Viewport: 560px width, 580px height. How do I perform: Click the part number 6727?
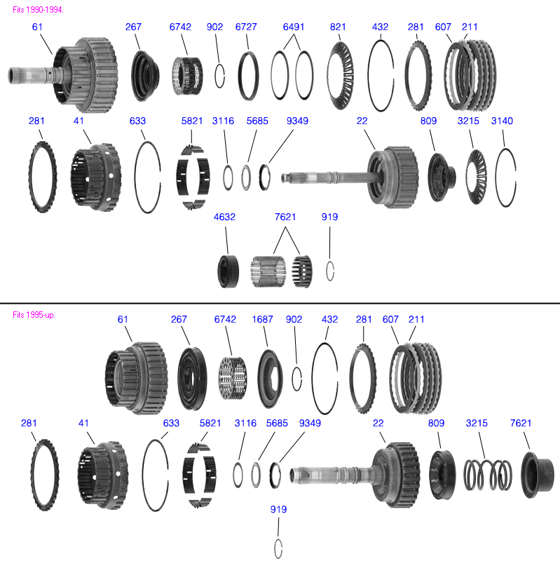pos(246,27)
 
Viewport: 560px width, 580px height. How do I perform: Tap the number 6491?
pos(294,27)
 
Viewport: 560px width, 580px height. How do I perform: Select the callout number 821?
pos(338,27)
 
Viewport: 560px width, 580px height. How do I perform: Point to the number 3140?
pos(502,121)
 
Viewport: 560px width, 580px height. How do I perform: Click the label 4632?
pos(224,217)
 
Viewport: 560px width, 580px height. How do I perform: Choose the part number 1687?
pos(263,319)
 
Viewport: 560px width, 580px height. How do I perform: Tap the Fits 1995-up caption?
pos(34,315)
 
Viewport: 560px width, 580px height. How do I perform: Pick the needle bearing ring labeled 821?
pos(341,77)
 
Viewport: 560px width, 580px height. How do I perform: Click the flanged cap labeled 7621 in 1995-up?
pos(538,475)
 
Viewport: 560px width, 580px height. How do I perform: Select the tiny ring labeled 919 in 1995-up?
pos(278,548)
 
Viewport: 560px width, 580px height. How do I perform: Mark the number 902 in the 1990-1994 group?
pos(215,27)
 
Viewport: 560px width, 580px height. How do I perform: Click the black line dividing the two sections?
pos(280,303)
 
